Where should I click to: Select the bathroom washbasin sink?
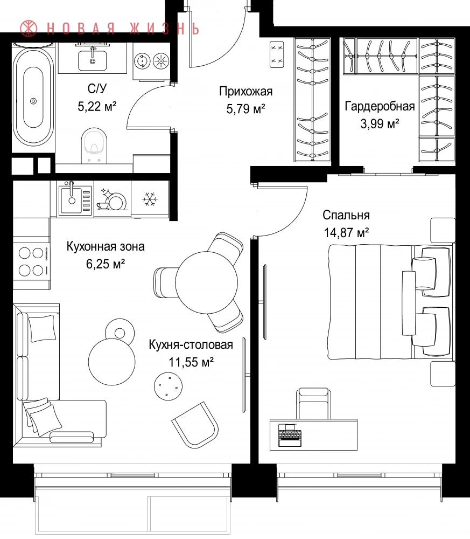pos(92,60)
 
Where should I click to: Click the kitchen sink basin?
pos(72,200)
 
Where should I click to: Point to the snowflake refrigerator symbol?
pos(150,199)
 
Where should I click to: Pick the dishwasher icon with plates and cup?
pos(112,199)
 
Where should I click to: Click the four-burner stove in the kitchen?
pos(31,262)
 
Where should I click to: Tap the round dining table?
pos(206,282)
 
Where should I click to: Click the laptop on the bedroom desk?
pos(290,435)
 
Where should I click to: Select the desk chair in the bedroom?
pos(314,404)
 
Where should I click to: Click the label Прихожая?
pos(246,91)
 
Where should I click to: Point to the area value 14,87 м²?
pos(346,233)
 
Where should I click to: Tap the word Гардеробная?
pos(380,106)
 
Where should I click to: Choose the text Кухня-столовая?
pos(191,344)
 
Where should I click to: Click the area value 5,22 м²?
pos(97,107)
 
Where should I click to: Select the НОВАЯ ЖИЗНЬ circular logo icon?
pos(29,28)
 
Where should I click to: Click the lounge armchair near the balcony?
pos(195,425)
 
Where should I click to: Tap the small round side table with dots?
pos(168,386)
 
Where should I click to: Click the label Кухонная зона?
pos(106,246)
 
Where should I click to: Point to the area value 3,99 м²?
pos(380,123)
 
